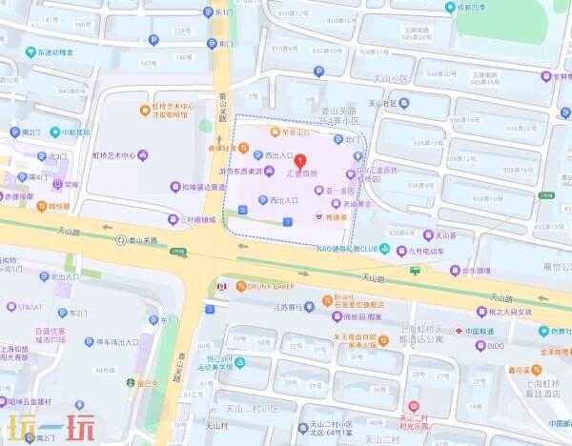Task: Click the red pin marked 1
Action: [301, 161]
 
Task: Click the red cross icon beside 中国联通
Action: [459, 331]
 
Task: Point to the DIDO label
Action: [495, 346]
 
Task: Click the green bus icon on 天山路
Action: [415, 271]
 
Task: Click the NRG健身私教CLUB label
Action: [354, 248]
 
